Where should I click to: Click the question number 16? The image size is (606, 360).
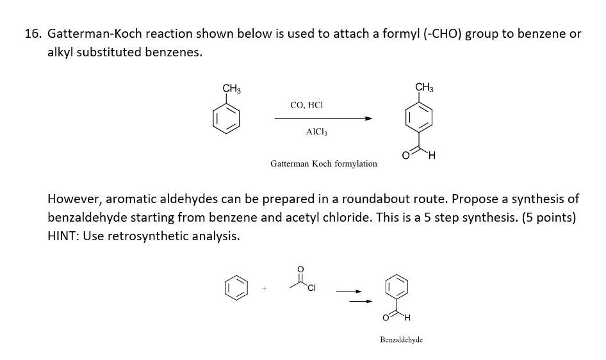pyautogui.click(x=33, y=34)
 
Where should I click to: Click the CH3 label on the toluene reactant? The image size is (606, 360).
pyautogui.click(x=231, y=88)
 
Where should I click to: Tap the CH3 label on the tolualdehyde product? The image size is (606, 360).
pyautogui.click(x=424, y=87)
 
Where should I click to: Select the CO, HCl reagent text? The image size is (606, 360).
pyautogui.click(x=307, y=104)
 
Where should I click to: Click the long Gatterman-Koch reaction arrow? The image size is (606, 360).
pyautogui.click(x=323, y=119)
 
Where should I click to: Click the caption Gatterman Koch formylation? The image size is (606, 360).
pyautogui.click(x=323, y=164)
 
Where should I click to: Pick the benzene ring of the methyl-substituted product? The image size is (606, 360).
pyautogui.click(x=420, y=118)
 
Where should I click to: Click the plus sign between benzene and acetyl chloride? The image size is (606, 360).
pyautogui.click(x=263, y=289)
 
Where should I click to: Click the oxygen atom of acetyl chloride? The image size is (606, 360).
pyautogui.click(x=301, y=268)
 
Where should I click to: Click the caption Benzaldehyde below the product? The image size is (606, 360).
pyautogui.click(x=402, y=340)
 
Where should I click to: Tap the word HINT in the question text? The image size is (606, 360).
pyautogui.click(x=61, y=236)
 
